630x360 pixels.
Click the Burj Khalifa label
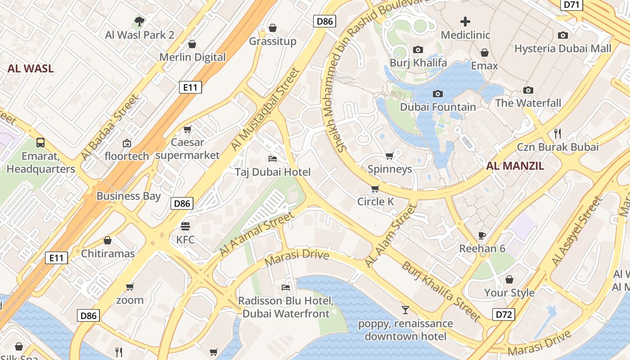pyautogui.click(x=418, y=63)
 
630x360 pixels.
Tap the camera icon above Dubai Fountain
pyautogui.click(x=437, y=94)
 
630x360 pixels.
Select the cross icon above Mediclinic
pyautogui.click(x=465, y=21)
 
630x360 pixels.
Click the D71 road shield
pyautogui.click(x=571, y=4)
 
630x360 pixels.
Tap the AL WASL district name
pyautogui.click(x=31, y=69)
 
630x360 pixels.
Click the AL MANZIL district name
pyautogui.click(x=515, y=166)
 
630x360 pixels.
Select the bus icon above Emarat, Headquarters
pyautogui.click(x=40, y=143)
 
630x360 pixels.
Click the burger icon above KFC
pyautogui.click(x=185, y=226)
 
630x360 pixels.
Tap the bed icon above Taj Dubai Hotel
pyautogui.click(x=272, y=158)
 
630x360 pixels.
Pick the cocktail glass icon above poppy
pyautogui.click(x=405, y=310)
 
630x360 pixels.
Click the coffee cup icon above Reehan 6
pyautogui.click(x=482, y=235)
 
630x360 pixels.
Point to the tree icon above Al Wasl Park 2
pyautogui.click(x=139, y=21)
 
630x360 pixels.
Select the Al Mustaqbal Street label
pyautogui.click(x=265, y=109)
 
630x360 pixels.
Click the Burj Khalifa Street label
pyautogui.click(x=441, y=291)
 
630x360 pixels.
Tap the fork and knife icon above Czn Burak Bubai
pyautogui.click(x=558, y=133)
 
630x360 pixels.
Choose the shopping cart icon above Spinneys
pyautogui.click(x=390, y=156)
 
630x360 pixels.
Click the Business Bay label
pyautogui.click(x=128, y=196)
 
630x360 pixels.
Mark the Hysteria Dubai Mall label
pyautogui.click(x=563, y=49)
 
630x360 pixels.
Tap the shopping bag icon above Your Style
pyautogui.click(x=509, y=279)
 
